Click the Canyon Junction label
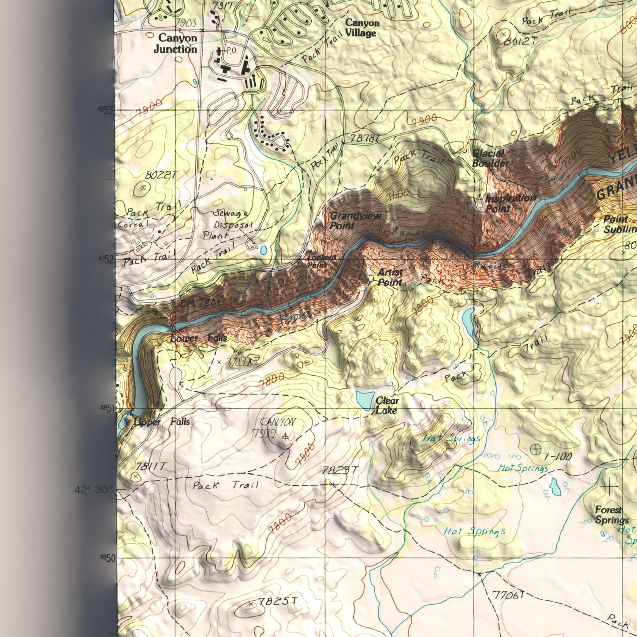(175, 44)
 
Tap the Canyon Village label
(361, 28)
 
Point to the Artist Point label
(390, 277)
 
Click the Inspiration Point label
(510, 203)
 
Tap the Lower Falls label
(198, 338)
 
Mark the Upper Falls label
(162, 422)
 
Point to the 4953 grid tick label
(106, 110)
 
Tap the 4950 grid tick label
(107, 558)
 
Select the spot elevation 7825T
(278, 601)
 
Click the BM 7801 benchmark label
(200, 303)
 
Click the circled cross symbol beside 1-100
(536, 450)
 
